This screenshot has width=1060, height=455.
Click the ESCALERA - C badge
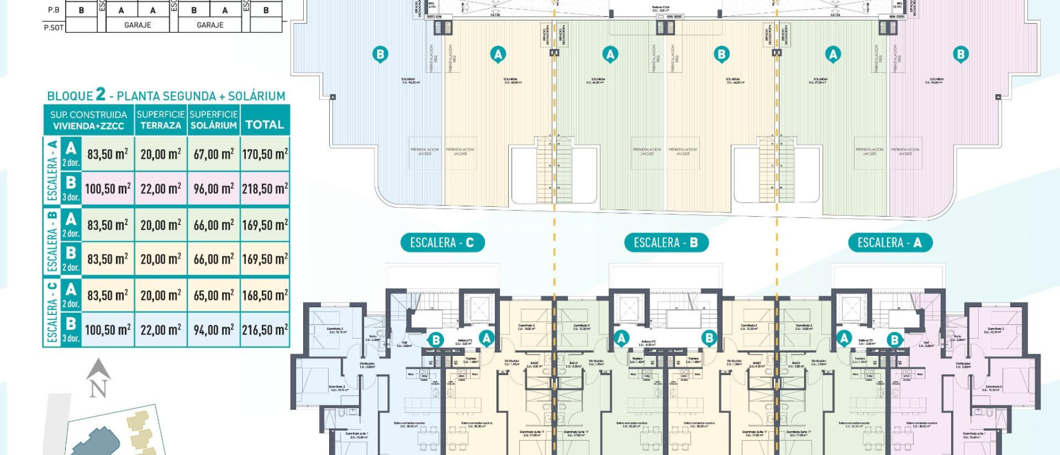(x=442, y=242)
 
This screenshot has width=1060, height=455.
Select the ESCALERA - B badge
(x=666, y=242)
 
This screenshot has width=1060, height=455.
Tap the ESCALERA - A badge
(x=889, y=242)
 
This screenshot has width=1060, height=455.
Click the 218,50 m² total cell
(x=265, y=189)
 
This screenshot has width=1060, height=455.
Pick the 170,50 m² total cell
(x=265, y=154)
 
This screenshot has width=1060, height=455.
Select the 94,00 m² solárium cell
(x=213, y=330)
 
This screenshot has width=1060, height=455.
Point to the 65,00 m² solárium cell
(x=213, y=295)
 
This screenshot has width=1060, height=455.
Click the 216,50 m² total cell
(x=265, y=330)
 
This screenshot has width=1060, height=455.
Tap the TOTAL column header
(x=264, y=125)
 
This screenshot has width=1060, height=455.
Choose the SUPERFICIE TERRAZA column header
(x=160, y=120)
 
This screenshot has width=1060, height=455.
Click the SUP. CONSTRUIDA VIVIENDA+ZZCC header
(x=89, y=120)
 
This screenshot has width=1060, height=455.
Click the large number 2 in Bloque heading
(x=100, y=94)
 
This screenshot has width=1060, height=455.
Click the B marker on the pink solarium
(x=961, y=54)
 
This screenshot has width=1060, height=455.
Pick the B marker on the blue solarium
(x=380, y=54)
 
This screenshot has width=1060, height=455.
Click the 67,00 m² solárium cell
(x=213, y=154)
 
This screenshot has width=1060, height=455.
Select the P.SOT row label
(x=53, y=27)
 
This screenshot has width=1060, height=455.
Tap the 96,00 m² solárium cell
(x=213, y=189)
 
